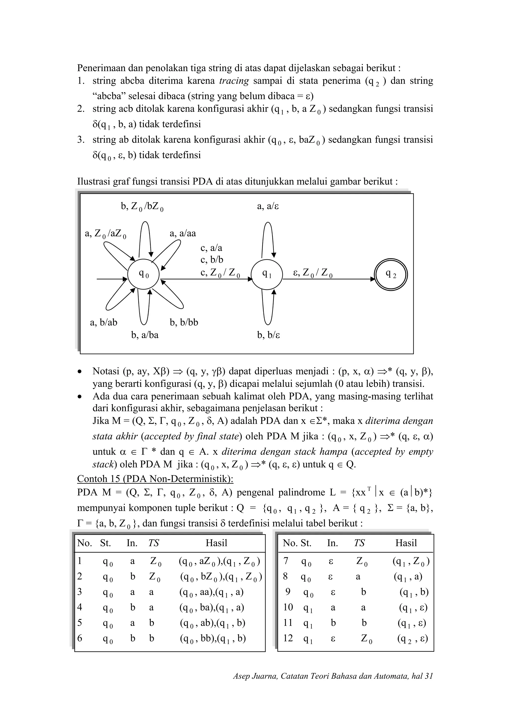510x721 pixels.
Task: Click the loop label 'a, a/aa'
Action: click(183, 233)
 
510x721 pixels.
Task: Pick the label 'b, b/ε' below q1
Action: click(268, 335)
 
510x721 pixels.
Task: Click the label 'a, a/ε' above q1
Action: click(268, 206)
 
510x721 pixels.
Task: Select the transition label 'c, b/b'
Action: click(212, 260)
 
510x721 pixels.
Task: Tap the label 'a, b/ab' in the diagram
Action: click(103, 322)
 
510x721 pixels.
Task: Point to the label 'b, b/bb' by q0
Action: click(184, 322)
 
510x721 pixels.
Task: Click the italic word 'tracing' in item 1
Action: click(234, 81)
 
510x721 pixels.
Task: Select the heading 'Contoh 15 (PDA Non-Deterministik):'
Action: click(155, 479)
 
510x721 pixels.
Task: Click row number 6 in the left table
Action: click(80, 638)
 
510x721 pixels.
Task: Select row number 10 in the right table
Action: click(288, 607)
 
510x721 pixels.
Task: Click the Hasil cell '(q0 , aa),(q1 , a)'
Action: click(211, 592)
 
